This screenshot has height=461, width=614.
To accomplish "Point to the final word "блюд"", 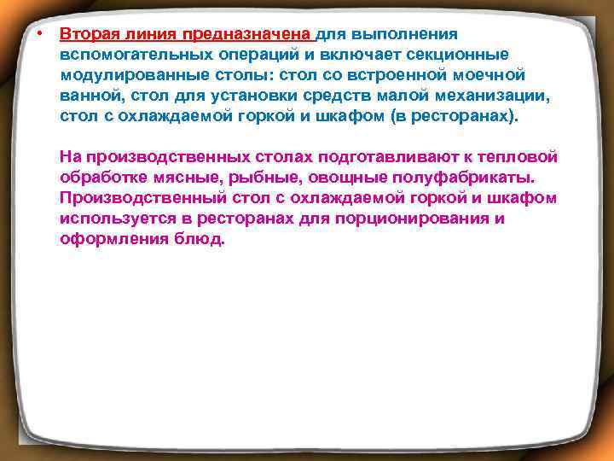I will [205, 240].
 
